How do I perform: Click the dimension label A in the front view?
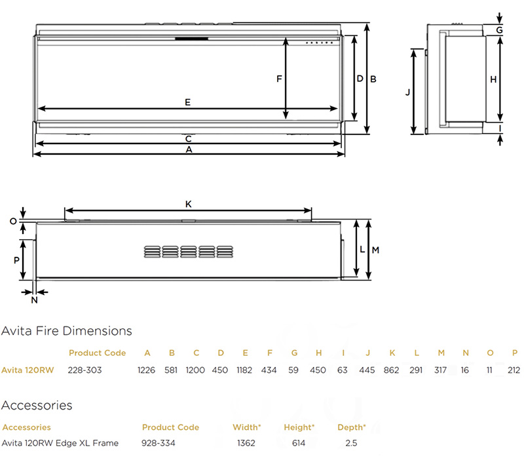point(189,149)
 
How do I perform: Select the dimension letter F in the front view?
point(278,79)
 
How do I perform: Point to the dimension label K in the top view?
point(188,204)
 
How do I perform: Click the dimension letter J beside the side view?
point(407,92)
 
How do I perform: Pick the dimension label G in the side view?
point(499,30)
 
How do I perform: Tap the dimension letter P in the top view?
point(16,260)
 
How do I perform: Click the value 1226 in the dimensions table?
point(147,370)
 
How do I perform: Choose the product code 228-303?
point(85,370)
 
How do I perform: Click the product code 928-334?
point(158,443)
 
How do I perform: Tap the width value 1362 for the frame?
point(246,443)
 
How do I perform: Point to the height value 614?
point(299,443)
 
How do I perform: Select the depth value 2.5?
point(351,443)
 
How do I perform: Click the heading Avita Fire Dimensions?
point(67,331)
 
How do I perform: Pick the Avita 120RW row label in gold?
point(27,370)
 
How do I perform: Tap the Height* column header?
point(299,427)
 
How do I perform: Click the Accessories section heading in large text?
point(37,406)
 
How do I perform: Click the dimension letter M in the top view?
point(375,250)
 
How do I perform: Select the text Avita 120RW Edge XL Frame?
point(60,443)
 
